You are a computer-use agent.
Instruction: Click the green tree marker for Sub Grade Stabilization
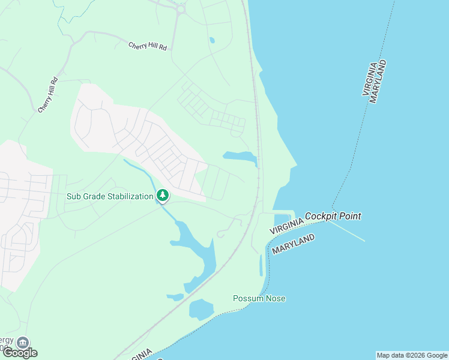[162, 195]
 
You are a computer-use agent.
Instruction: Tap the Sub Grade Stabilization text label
[110, 196]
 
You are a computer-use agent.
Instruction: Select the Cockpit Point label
[333, 216]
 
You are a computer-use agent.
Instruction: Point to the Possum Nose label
[259, 298]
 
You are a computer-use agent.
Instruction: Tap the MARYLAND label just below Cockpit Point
[294, 244]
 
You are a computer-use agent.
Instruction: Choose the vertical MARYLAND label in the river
[378, 82]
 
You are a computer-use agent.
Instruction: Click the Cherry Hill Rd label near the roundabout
[147, 46]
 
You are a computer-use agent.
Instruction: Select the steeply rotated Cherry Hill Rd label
[48, 95]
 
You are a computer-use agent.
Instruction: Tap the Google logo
[20, 353]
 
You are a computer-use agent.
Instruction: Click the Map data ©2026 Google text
[412, 355]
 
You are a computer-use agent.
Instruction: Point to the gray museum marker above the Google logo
[22, 343]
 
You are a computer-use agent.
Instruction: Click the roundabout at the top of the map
[180, 8]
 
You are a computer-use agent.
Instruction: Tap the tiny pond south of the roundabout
[212, 41]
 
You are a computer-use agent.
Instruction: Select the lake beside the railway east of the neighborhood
[240, 157]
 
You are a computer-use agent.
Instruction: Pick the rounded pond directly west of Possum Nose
[200, 310]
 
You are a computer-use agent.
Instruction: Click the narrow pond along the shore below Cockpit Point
[261, 265]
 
